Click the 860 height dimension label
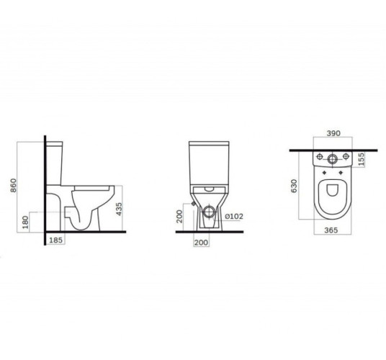click(14, 185)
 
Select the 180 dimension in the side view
click(25, 222)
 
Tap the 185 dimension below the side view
click(56, 240)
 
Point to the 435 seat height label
click(119, 209)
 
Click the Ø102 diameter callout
click(234, 216)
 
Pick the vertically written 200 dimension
click(180, 216)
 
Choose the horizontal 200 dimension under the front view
click(201, 243)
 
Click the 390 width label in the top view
click(333, 133)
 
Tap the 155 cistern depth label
click(361, 159)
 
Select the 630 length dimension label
click(294, 186)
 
